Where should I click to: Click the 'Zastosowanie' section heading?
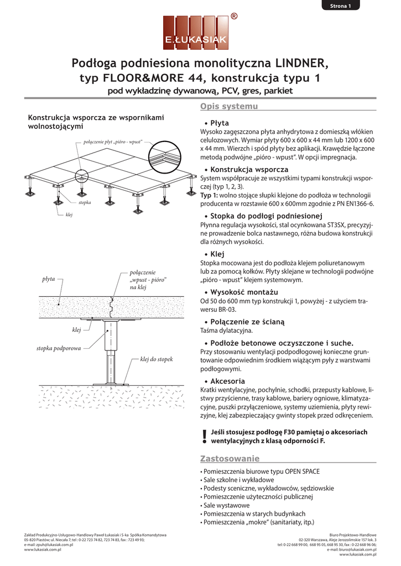click(x=230, y=458)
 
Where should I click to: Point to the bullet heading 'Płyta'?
click(x=220, y=123)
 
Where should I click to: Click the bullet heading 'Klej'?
click(x=217, y=254)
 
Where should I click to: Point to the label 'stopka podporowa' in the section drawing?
click(x=59, y=349)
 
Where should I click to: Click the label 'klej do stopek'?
click(x=157, y=359)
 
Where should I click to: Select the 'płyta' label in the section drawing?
click(x=49, y=279)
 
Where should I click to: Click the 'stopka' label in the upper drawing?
click(x=85, y=203)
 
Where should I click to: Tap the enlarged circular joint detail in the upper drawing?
click(x=166, y=158)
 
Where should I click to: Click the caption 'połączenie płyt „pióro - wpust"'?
click(x=112, y=143)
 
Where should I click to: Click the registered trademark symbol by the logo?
click(x=234, y=17)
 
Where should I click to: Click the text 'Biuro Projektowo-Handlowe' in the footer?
click(x=352, y=535)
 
